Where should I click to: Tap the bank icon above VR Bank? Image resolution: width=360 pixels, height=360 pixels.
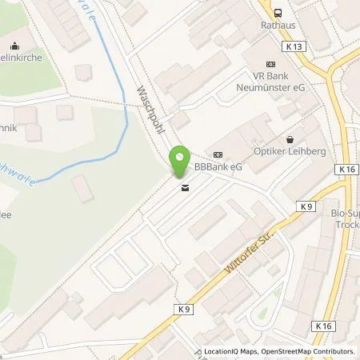[270, 63]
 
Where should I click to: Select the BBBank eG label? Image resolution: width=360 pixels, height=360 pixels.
[218, 166]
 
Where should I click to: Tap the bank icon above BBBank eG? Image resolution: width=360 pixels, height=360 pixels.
[217, 154]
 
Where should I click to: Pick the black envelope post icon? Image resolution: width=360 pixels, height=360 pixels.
[186, 189]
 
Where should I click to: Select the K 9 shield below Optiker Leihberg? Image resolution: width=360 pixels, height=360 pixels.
[308, 206]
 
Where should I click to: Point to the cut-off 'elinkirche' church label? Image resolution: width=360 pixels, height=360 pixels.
[18, 47]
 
